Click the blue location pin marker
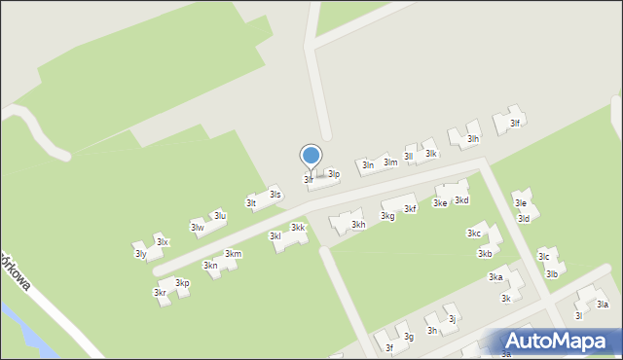[x=311, y=157]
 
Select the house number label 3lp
[x=333, y=174]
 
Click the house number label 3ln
[x=368, y=165]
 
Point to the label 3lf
[x=515, y=123]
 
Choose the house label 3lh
[x=473, y=139]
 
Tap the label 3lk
[x=431, y=154]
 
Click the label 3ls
[x=275, y=195]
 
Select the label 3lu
[x=220, y=215]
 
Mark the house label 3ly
[x=140, y=254]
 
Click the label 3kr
[x=159, y=293]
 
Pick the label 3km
[x=233, y=254]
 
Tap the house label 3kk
[x=298, y=228]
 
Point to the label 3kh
[x=358, y=225]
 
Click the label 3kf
[x=411, y=208]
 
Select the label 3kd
[x=462, y=200]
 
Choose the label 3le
[x=521, y=203]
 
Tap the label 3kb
[x=484, y=254]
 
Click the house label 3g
[x=410, y=337]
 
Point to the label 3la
[x=603, y=305]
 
